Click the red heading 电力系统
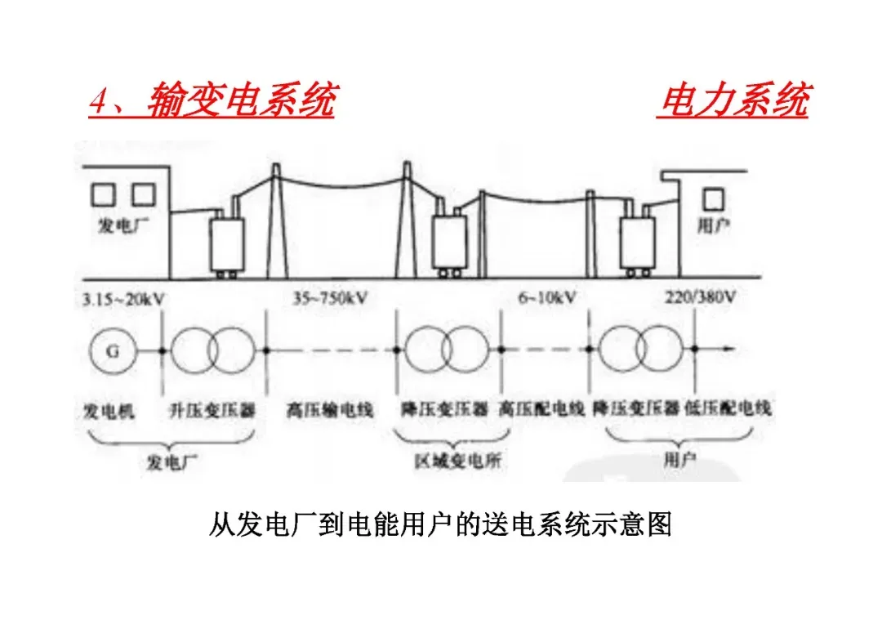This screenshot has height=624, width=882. (732, 103)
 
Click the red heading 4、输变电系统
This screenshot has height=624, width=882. (212, 103)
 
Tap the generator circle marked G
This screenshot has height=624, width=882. (112, 351)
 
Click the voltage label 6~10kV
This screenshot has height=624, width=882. (546, 298)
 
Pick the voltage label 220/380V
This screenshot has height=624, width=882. (701, 298)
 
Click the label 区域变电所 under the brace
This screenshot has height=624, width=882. (457, 461)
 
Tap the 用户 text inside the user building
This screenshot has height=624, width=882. (712, 225)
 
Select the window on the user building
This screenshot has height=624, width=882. (714, 198)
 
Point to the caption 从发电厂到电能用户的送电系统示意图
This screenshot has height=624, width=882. (440, 524)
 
